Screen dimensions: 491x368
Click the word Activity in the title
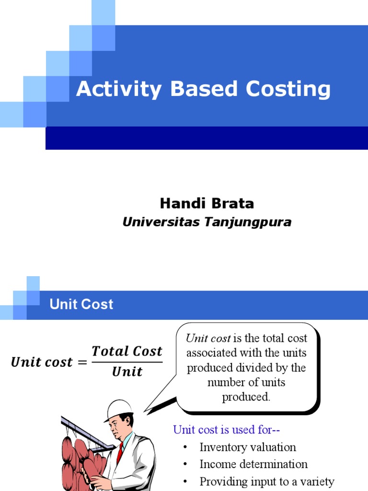pyautogui.click(x=112, y=90)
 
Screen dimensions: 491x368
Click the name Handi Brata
pyautogui.click(x=207, y=204)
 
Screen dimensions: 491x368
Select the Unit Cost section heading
pyautogui.click(x=81, y=304)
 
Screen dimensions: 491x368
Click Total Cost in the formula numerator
pyautogui.click(x=127, y=351)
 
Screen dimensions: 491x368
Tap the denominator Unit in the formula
pyautogui.click(x=127, y=372)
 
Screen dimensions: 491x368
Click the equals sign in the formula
pyautogui.click(x=82, y=362)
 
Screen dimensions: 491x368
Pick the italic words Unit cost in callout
pyautogui.click(x=208, y=339)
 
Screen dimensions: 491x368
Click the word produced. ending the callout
pyautogui.click(x=246, y=397)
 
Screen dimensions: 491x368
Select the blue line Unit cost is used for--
pyautogui.click(x=226, y=430)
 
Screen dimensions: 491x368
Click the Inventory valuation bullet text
pyautogui.click(x=248, y=447)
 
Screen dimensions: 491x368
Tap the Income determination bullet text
pyautogui.click(x=253, y=464)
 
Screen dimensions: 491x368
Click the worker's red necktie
pyautogui.click(x=119, y=453)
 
